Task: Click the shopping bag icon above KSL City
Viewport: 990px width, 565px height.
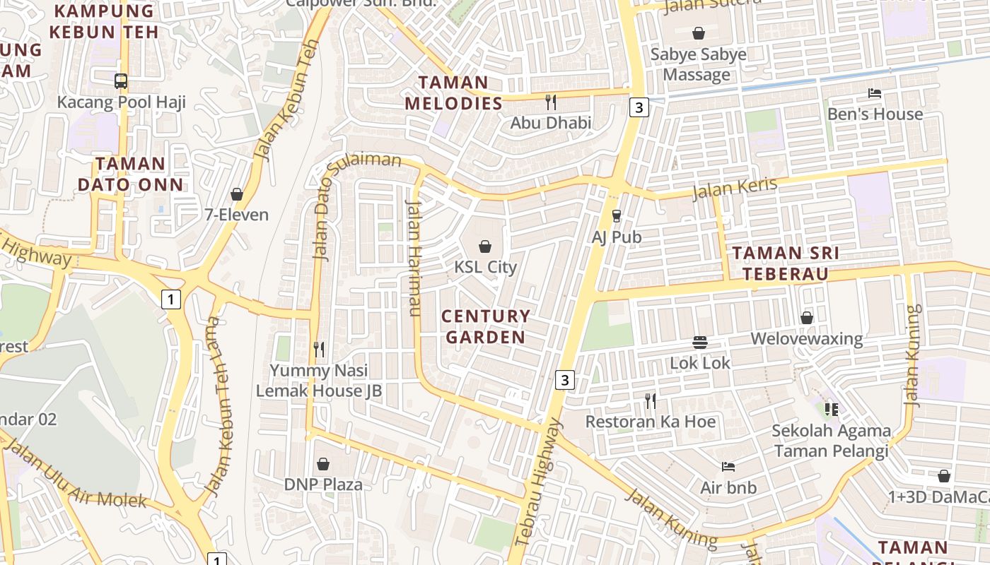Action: (485, 246)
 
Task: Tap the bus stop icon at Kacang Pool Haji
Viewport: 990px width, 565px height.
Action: (121, 81)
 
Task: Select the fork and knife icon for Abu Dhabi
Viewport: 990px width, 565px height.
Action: (551, 102)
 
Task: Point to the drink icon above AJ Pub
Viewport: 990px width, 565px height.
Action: (617, 216)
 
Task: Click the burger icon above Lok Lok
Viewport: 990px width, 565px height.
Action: (700, 343)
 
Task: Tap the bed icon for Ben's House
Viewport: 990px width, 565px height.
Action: (875, 93)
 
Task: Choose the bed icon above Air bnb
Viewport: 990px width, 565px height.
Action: (728, 467)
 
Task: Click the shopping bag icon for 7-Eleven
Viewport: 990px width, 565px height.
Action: (237, 194)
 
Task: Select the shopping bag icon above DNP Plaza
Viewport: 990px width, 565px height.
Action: (323, 464)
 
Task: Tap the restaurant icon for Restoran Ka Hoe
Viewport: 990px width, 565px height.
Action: (651, 401)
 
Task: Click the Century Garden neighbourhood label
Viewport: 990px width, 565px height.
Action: (485, 326)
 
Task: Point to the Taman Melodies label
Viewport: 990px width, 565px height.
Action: (453, 93)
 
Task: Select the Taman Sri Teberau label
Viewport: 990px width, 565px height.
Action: (785, 263)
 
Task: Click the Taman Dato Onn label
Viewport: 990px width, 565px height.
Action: (130, 174)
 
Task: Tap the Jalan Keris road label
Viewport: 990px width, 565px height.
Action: (735, 188)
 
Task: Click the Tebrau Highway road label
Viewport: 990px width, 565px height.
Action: (537, 482)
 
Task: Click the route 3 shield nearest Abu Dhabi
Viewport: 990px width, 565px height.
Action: (639, 107)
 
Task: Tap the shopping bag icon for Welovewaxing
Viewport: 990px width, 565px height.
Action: (807, 319)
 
